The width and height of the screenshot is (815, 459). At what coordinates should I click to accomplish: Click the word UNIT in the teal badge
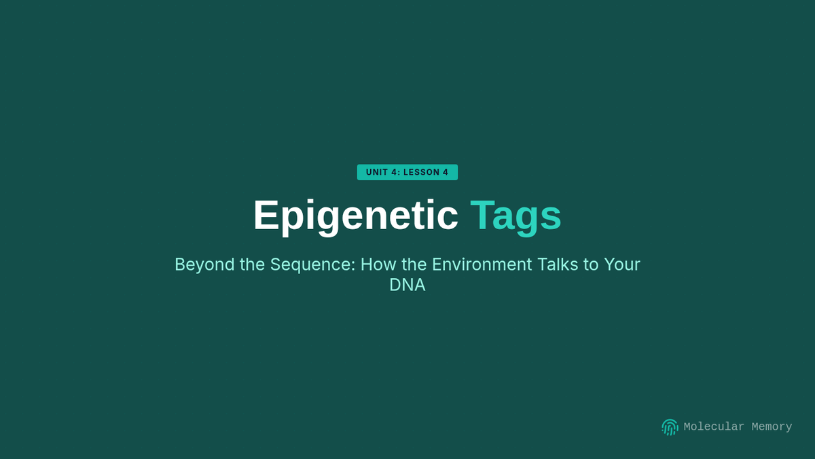pyautogui.click(x=377, y=172)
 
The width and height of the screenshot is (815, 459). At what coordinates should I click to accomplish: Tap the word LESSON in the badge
pyautogui.click(x=421, y=172)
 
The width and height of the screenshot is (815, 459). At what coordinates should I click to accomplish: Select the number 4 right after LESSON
pyautogui.click(x=446, y=172)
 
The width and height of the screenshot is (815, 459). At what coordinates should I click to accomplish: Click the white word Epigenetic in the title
pyautogui.click(x=355, y=216)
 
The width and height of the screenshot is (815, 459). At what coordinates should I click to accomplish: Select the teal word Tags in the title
pyautogui.click(x=515, y=216)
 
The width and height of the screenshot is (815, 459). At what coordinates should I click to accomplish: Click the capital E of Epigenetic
pyautogui.click(x=266, y=215)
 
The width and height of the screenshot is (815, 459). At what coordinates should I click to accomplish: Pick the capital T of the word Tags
pyautogui.click(x=482, y=215)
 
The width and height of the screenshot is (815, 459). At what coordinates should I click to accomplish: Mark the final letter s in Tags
pyautogui.click(x=551, y=218)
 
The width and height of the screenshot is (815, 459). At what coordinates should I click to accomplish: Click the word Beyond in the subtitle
pyautogui.click(x=204, y=265)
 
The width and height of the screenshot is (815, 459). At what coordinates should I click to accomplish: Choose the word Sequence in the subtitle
pyautogui.click(x=312, y=265)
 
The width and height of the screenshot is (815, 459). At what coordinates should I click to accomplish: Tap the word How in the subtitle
pyautogui.click(x=378, y=264)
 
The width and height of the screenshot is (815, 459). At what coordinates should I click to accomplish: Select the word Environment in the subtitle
pyautogui.click(x=482, y=264)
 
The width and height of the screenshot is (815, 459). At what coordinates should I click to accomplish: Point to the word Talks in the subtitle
pyautogui.click(x=558, y=264)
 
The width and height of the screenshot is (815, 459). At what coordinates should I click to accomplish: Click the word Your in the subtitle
pyautogui.click(x=622, y=264)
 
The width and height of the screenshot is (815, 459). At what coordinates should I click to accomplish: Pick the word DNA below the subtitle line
pyautogui.click(x=407, y=285)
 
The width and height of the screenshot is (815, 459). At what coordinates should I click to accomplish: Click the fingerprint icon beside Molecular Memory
pyautogui.click(x=670, y=427)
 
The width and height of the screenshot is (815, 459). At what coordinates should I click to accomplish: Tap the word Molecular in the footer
pyautogui.click(x=714, y=426)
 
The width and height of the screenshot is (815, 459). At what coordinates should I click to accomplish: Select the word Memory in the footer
pyautogui.click(x=772, y=427)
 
